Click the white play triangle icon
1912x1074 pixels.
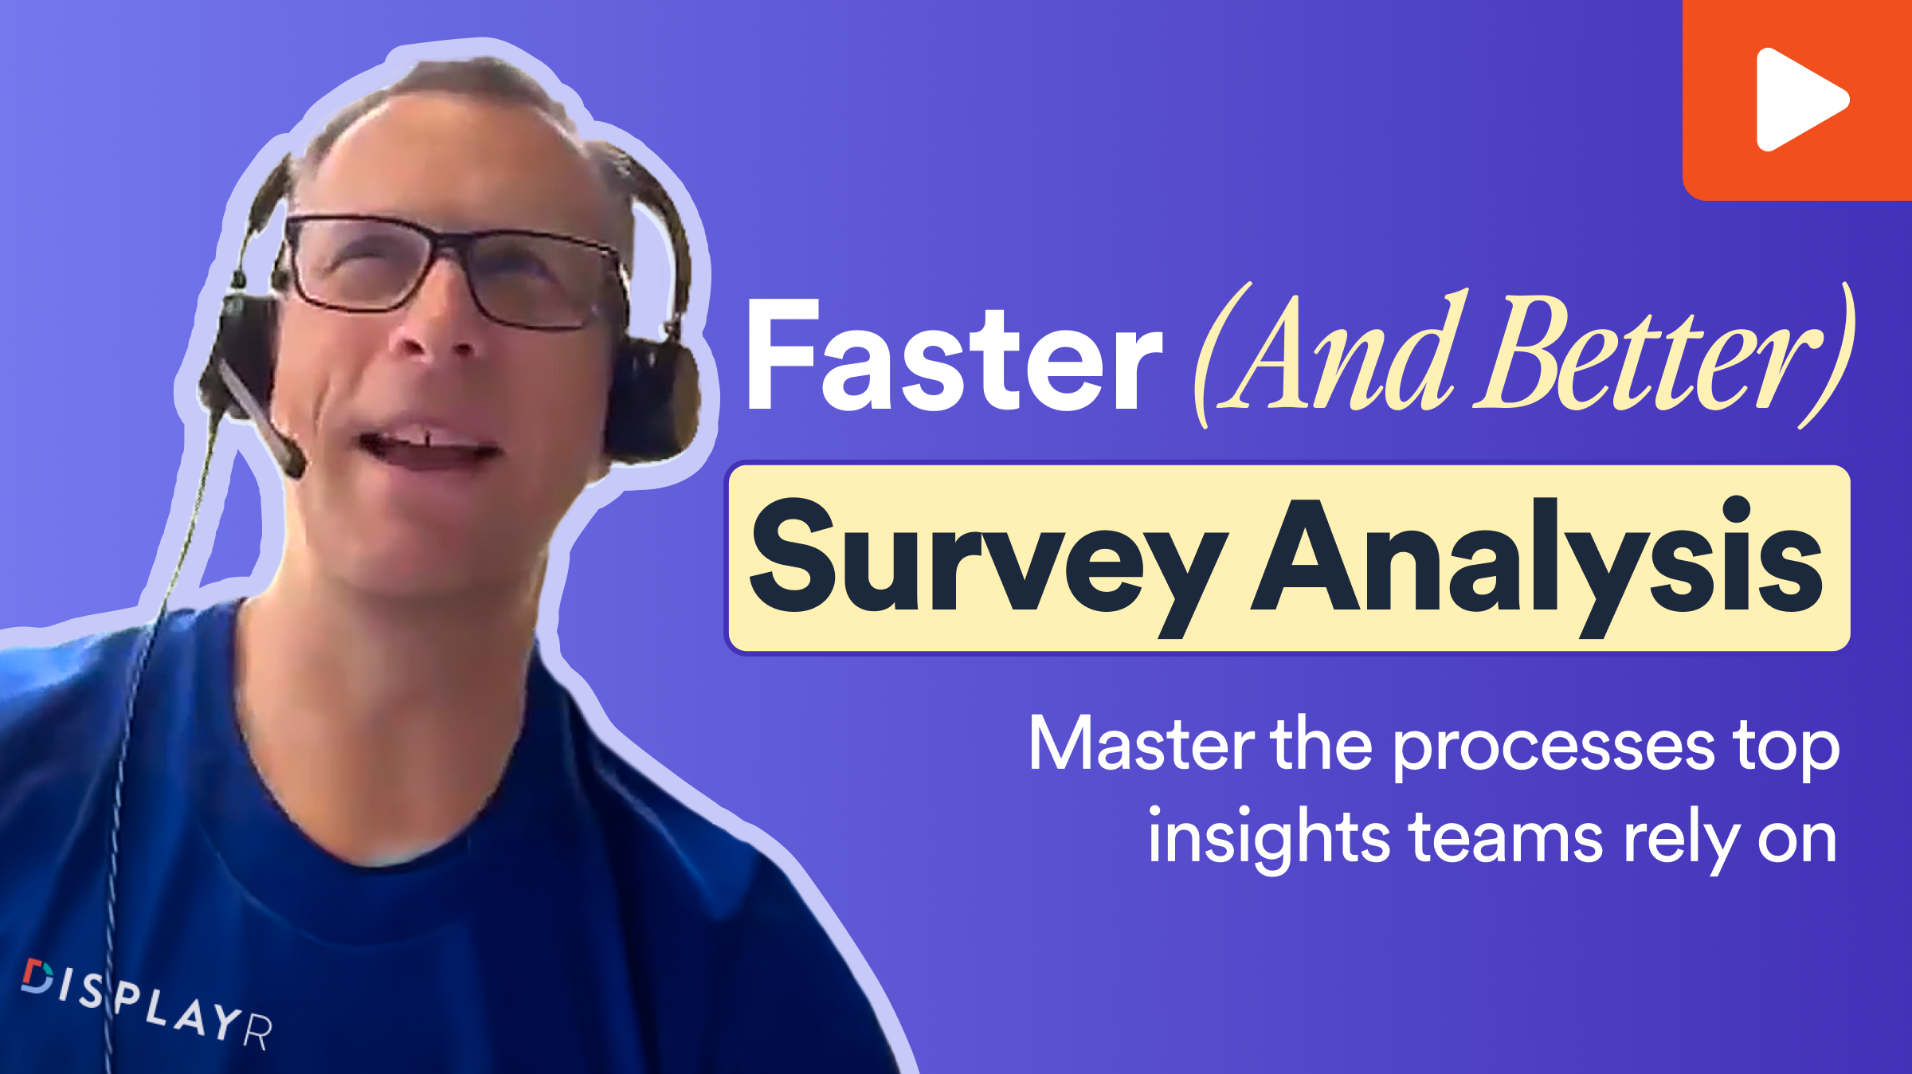1799,100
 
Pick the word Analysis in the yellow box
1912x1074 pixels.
1537,566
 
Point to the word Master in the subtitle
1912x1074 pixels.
1142,744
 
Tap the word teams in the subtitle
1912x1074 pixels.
1506,840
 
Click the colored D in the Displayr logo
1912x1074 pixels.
37,976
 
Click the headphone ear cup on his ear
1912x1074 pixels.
653,398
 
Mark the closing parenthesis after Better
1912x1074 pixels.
1832,355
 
